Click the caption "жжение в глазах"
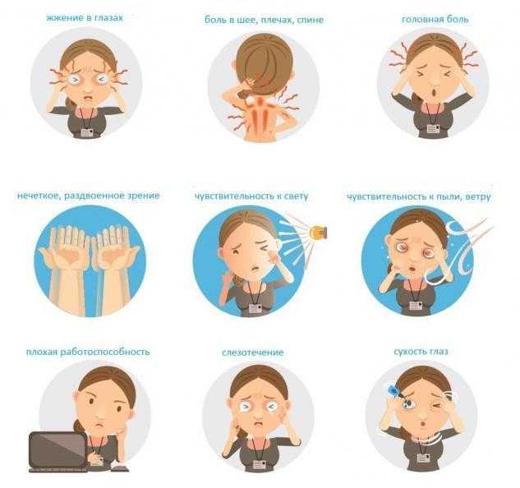coord(85,18)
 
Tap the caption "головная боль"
coord(435,20)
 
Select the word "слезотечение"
coord(253,352)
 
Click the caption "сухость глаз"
coord(421,352)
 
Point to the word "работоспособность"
coord(105,352)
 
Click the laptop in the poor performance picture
coord(58,451)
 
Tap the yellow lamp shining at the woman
coord(318,232)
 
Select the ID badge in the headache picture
coord(433,129)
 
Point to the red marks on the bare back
coord(261,114)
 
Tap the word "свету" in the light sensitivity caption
coord(297,196)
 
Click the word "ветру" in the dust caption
coord(478,196)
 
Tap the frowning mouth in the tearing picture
coord(258,424)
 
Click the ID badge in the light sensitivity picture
coord(256,309)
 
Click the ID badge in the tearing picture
coord(260,464)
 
